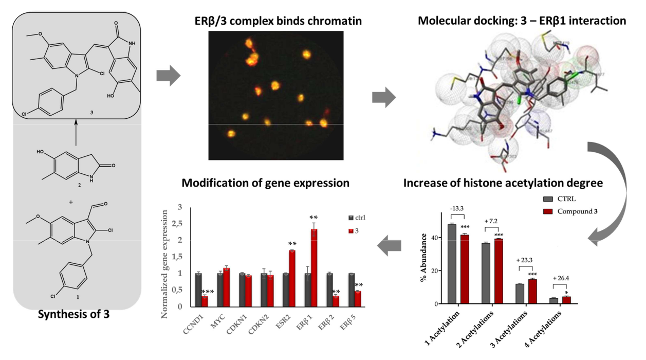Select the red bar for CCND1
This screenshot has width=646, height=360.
click(x=205, y=301)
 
